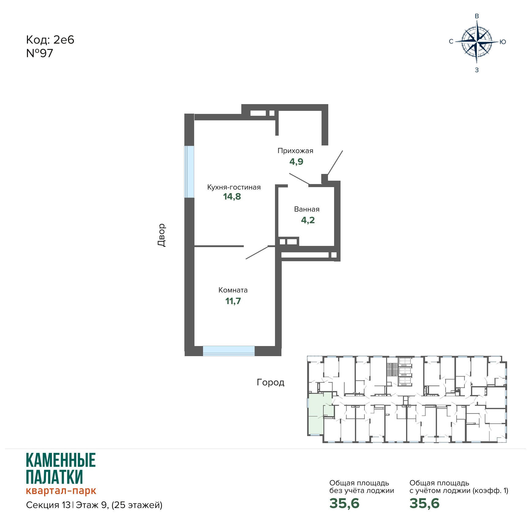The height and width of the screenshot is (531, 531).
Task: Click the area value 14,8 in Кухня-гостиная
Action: coord(232,197)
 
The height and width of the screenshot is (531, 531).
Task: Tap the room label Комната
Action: coord(233,290)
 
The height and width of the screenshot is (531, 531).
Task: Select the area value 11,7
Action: coord(233,301)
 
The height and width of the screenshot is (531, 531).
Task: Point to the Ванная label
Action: coord(307,209)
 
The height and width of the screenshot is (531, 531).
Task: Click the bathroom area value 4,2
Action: coord(308,220)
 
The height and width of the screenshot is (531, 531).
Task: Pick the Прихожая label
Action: coord(296,151)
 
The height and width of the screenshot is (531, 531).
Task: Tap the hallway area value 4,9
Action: coord(296,161)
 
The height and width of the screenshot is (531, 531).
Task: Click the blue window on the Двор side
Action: coord(189,171)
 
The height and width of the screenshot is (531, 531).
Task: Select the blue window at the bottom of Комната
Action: coord(229,351)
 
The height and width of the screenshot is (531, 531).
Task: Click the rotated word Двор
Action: coord(161,235)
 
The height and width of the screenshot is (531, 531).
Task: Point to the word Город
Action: coord(271,382)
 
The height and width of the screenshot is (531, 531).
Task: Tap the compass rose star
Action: coord(477,42)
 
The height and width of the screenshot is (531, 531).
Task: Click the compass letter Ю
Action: coord(503,42)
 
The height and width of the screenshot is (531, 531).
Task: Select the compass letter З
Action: coord(477,70)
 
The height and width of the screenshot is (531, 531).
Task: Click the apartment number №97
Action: coord(40,53)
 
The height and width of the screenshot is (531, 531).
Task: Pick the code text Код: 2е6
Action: coord(50,40)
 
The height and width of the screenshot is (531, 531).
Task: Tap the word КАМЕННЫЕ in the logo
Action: coord(61,460)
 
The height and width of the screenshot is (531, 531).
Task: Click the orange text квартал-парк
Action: coord(61,491)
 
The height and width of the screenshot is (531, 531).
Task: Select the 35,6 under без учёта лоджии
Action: coord(345,503)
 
